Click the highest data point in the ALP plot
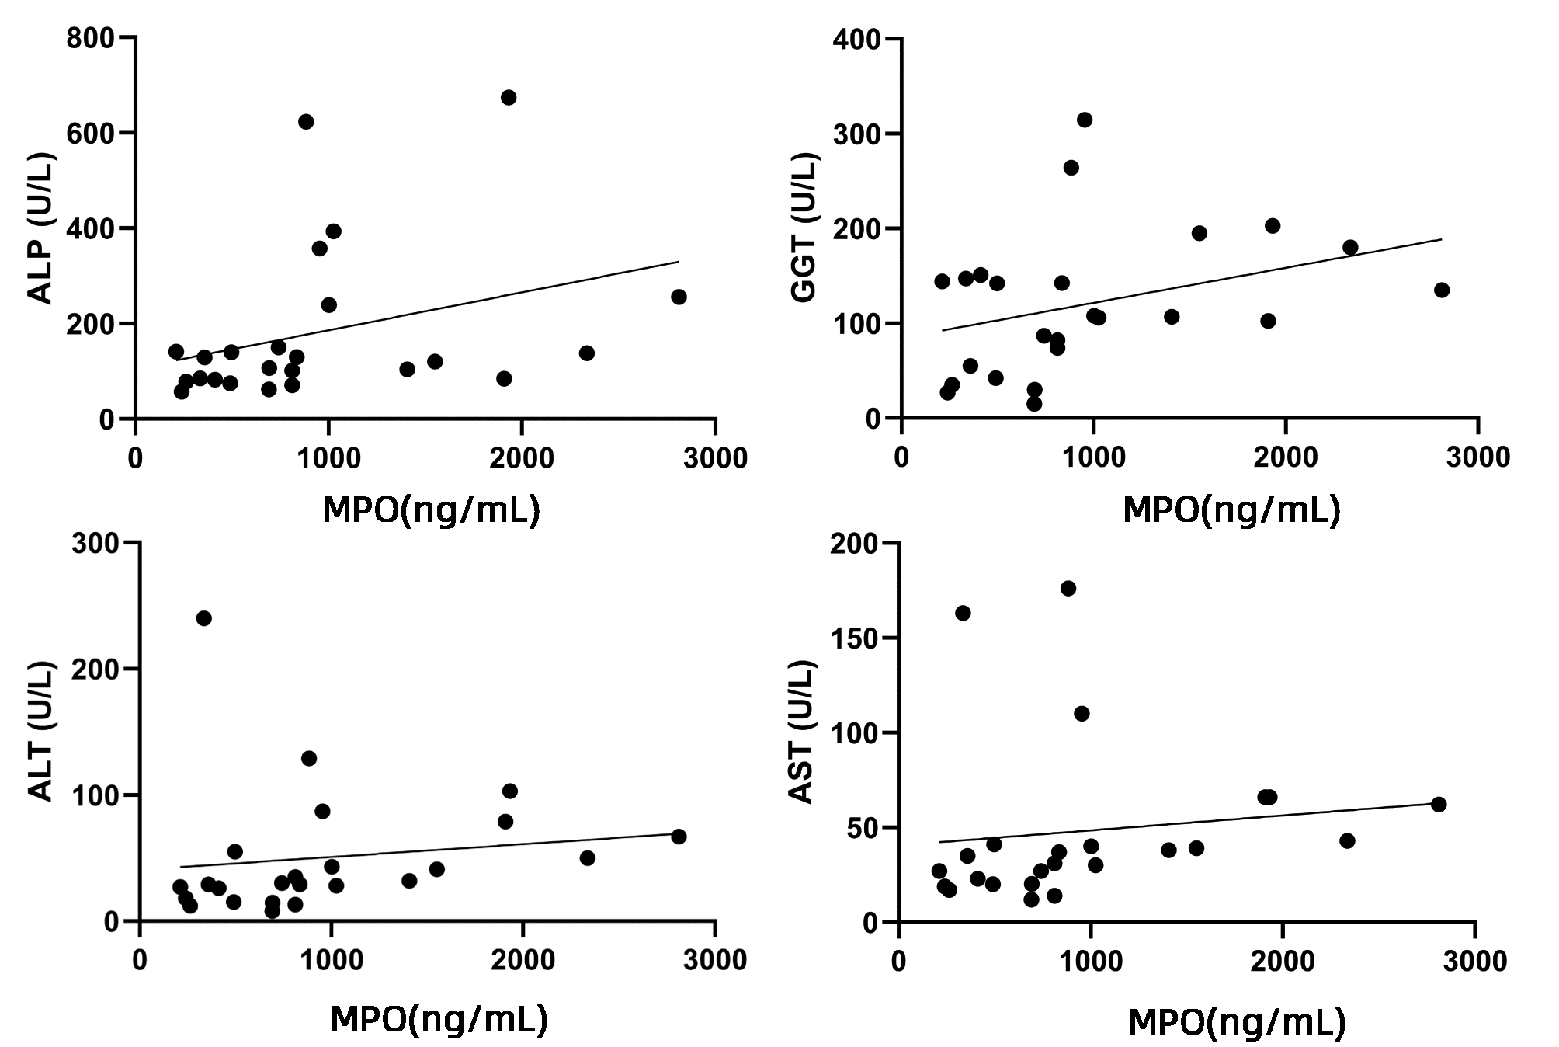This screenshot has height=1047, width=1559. click(x=509, y=97)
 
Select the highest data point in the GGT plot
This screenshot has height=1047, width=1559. click(x=1085, y=120)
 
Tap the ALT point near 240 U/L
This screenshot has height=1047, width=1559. click(x=203, y=618)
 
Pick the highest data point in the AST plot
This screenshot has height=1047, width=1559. click(x=1068, y=588)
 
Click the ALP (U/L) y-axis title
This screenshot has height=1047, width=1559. click(x=41, y=229)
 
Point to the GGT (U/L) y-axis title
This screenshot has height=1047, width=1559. click(x=804, y=229)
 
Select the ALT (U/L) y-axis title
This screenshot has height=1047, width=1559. click(x=41, y=732)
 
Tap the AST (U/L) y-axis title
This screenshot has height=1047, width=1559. click(x=801, y=732)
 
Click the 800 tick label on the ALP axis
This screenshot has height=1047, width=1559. click(x=90, y=38)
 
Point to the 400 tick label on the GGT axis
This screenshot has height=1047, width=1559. click(x=856, y=39)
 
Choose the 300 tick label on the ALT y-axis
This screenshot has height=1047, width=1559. click(x=95, y=543)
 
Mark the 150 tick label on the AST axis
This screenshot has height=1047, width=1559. click(x=854, y=638)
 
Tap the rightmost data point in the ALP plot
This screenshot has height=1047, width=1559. click(x=679, y=297)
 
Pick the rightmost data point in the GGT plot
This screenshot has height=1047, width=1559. click(x=1442, y=290)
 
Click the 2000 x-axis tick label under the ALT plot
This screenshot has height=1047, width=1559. click(x=523, y=960)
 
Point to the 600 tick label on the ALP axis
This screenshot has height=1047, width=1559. click(x=90, y=134)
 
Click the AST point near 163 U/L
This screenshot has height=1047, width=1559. click(x=963, y=613)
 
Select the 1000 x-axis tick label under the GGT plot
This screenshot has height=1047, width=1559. click(x=1093, y=457)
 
